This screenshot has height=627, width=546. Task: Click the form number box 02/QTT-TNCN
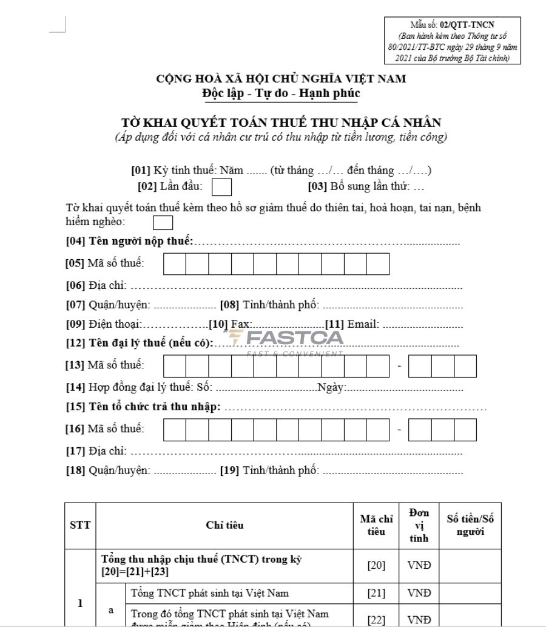pos(453,41)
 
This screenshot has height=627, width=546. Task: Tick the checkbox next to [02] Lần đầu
pos(221,187)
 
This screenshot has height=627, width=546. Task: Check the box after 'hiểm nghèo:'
pos(163,223)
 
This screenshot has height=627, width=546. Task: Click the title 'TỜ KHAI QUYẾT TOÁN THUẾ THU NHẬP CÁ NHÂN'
pos(281,123)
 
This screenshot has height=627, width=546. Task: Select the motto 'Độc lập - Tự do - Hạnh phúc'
pos(281,93)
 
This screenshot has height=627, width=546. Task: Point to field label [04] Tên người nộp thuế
pos(129,242)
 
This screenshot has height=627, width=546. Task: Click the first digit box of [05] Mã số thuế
pos(175,264)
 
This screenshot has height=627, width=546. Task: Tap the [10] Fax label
pos(230,324)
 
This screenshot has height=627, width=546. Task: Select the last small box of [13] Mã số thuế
pos(465,366)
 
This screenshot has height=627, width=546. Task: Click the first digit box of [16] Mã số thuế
pos(175,429)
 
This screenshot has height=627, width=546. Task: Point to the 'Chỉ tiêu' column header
pos(224,526)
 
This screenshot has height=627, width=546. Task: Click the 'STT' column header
pos(80,526)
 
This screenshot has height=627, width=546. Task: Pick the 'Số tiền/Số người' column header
pos(470,526)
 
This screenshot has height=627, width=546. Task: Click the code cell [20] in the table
pos(376,566)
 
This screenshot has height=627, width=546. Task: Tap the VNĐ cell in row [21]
pos(419,593)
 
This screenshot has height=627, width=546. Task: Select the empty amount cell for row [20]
pos(470,566)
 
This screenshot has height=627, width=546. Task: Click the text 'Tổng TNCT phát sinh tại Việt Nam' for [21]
pos(209,593)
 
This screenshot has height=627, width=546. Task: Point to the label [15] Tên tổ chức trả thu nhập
pos(143,407)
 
